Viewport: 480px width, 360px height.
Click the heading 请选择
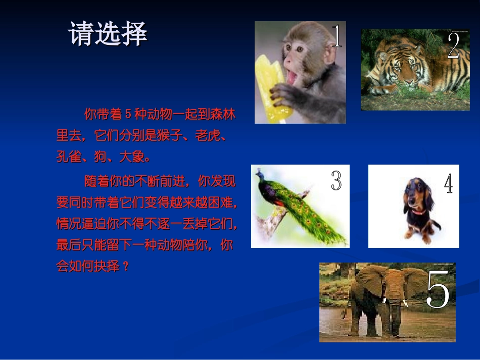(108, 34)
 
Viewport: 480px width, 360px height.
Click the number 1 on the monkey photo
(337, 36)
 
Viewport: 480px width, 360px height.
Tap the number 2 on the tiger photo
(453, 46)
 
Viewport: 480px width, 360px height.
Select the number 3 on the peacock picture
(336, 180)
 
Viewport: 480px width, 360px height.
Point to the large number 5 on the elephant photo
(438, 290)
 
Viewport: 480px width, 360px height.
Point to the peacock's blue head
(260, 175)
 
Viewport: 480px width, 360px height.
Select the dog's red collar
(417, 212)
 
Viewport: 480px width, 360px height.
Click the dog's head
(415, 194)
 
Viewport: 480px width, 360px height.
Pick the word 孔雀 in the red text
(69, 157)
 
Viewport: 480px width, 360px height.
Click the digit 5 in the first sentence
(128, 115)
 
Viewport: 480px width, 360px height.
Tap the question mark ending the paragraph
(126, 266)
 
